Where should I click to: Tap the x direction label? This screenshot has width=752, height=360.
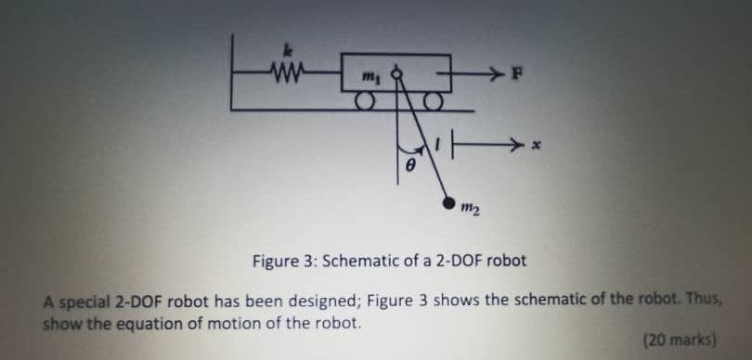[536, 146]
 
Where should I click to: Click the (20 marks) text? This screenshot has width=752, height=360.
[678, 341]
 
